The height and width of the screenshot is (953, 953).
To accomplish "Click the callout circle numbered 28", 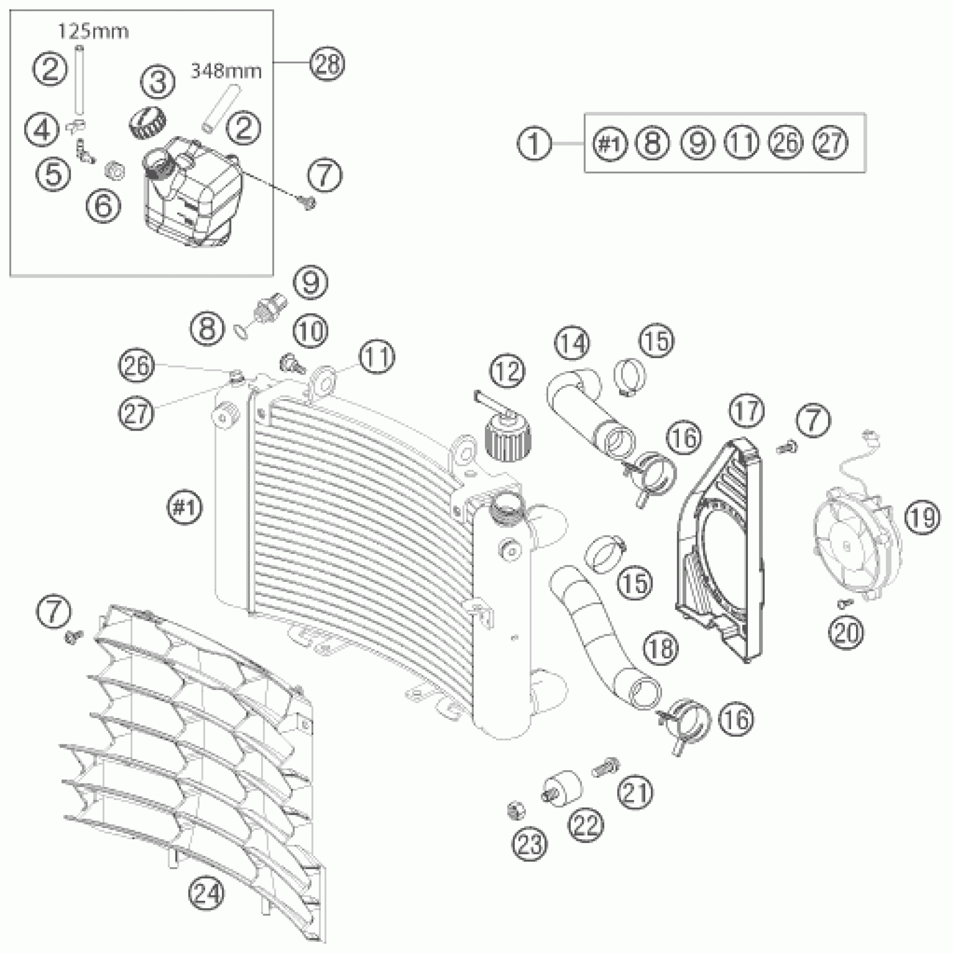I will coord(327,64).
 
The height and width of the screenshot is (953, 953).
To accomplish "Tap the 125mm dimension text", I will coord(94,31).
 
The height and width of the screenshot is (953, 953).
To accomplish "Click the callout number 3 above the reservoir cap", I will coord(158,82).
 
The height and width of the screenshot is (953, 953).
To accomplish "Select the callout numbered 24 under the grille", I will coord(206,892).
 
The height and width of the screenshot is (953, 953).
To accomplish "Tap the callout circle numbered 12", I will coord(507,372).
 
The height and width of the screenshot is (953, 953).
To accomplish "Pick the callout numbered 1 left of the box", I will coord(534,144).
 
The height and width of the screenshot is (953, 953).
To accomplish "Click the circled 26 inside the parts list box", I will coord(786,143).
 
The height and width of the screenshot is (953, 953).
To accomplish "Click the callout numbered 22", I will coord(586,824).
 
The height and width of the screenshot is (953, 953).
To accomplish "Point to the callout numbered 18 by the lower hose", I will coord(660,648).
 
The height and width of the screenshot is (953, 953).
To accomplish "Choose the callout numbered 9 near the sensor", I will coord(311,283).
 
